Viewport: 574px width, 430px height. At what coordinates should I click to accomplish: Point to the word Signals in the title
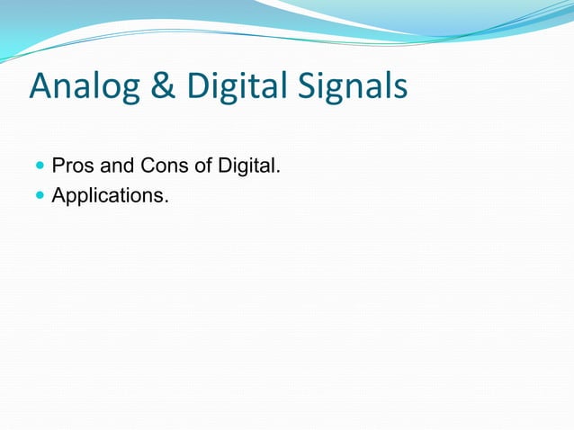click(x=350, y=88)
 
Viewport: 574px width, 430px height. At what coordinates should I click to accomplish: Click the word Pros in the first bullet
click(x=70, y=166)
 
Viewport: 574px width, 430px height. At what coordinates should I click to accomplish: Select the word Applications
click(x=108, y=194)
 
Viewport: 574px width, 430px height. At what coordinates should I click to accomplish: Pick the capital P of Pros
click(x=58, y=166)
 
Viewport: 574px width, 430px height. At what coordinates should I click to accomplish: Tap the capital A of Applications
click(x=58, y=193)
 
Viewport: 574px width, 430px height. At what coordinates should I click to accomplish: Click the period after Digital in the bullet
click(x=279, y=172)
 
